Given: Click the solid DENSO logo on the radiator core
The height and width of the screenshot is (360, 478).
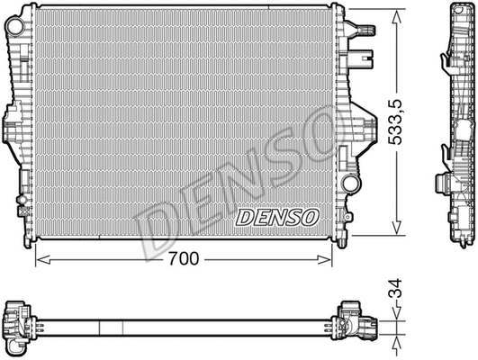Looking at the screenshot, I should [276, 216].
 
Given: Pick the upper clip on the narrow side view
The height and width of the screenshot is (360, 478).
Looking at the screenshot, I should [446, 62].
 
